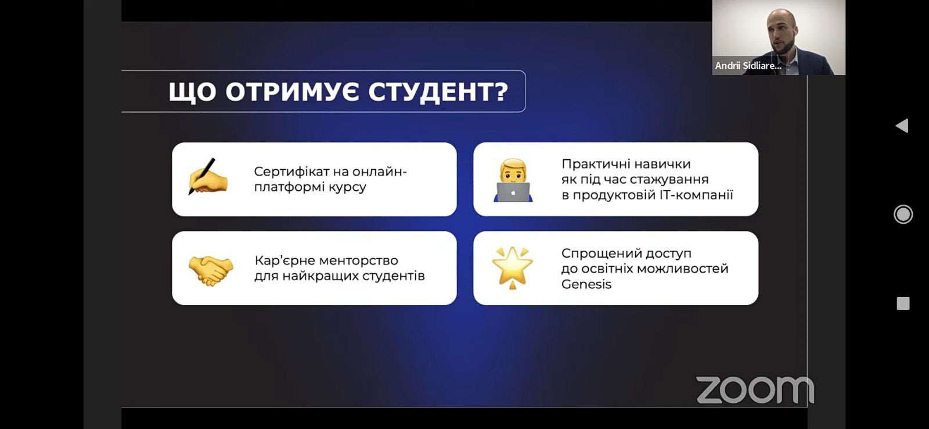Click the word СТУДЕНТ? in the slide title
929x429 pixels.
[x=438, y=92]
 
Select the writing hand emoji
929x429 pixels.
[x=208, y=177]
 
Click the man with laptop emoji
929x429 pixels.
[x=513, y=180]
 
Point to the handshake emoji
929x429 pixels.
[x=211, y=270]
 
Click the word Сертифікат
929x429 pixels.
[x=297, y=171]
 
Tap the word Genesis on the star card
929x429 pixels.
[x=586, y=284]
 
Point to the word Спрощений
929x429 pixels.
[x=597, y=254]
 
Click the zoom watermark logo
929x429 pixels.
[x=755, y=390]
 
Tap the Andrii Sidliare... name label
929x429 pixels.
[x=748, y=66]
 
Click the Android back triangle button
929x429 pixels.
[x=902, y=126]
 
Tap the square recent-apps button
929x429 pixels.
[x=903, y=303]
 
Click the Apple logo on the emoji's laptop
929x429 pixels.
[x=513, y=192]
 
